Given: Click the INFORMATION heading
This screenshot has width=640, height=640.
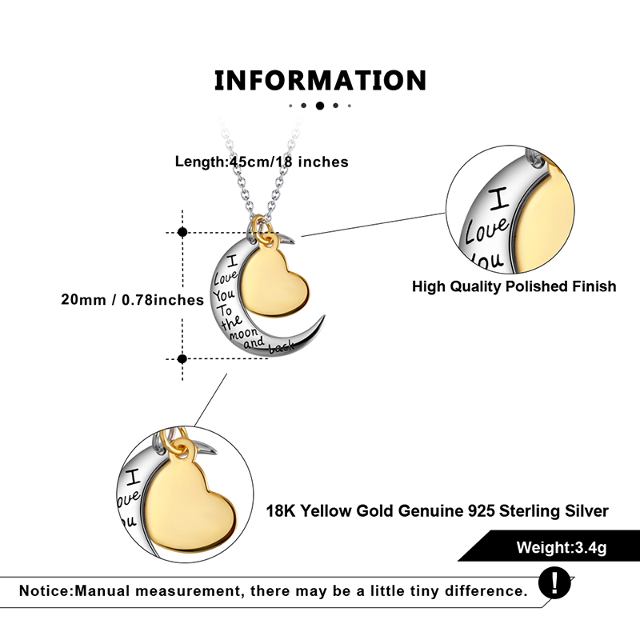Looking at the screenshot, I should pos(320,80).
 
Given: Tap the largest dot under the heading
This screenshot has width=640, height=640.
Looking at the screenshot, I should pos(320,105).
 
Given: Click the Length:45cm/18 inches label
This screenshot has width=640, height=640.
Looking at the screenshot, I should pos(262,162).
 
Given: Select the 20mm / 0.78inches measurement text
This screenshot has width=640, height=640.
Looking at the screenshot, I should pos(133,300).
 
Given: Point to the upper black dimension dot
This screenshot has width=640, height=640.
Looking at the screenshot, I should pos(182,232).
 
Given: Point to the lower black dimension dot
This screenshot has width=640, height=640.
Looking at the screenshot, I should pos(182,359).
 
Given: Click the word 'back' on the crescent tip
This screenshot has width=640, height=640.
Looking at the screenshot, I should pos(282,347).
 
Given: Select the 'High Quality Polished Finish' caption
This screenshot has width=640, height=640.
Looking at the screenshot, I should pos(514,286).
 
